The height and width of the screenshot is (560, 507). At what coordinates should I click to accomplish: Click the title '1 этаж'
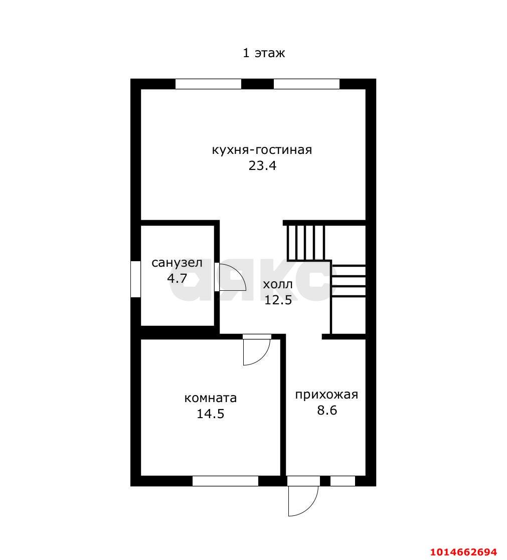[x=264, y=53]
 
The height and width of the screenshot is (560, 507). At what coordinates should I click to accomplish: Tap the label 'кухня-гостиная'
[x=262, y=149]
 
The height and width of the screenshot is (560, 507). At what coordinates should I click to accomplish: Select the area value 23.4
[x=263, y=166]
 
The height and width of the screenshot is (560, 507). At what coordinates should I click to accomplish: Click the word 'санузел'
[x=177, y=263]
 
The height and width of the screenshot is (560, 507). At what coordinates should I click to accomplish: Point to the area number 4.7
[x=177, y=278]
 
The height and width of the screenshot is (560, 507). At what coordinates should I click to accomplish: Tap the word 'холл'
[x=278, y=285]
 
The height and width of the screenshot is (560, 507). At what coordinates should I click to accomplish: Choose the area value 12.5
[x=278, y=300]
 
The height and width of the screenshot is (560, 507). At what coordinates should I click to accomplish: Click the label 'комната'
[x=211, y=398]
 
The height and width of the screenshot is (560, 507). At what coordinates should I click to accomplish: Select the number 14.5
[x=211, y=414]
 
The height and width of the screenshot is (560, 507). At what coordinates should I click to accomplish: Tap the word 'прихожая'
[x=326, y=395]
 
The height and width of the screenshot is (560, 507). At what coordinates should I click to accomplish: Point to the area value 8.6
[x=327, y=411]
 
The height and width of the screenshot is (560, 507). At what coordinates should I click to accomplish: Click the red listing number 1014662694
[x=463, y=552]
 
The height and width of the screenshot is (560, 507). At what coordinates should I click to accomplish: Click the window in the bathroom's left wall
[x=135, y=279]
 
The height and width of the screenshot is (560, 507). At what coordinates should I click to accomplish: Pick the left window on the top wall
[x=208, y=84]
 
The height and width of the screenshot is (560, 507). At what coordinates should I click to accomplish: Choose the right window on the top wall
[x=306, y=84]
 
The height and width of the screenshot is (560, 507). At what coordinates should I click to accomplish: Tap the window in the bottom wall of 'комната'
[x=226, y=481]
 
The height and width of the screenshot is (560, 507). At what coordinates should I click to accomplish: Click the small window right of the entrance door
[x=343, y=481]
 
